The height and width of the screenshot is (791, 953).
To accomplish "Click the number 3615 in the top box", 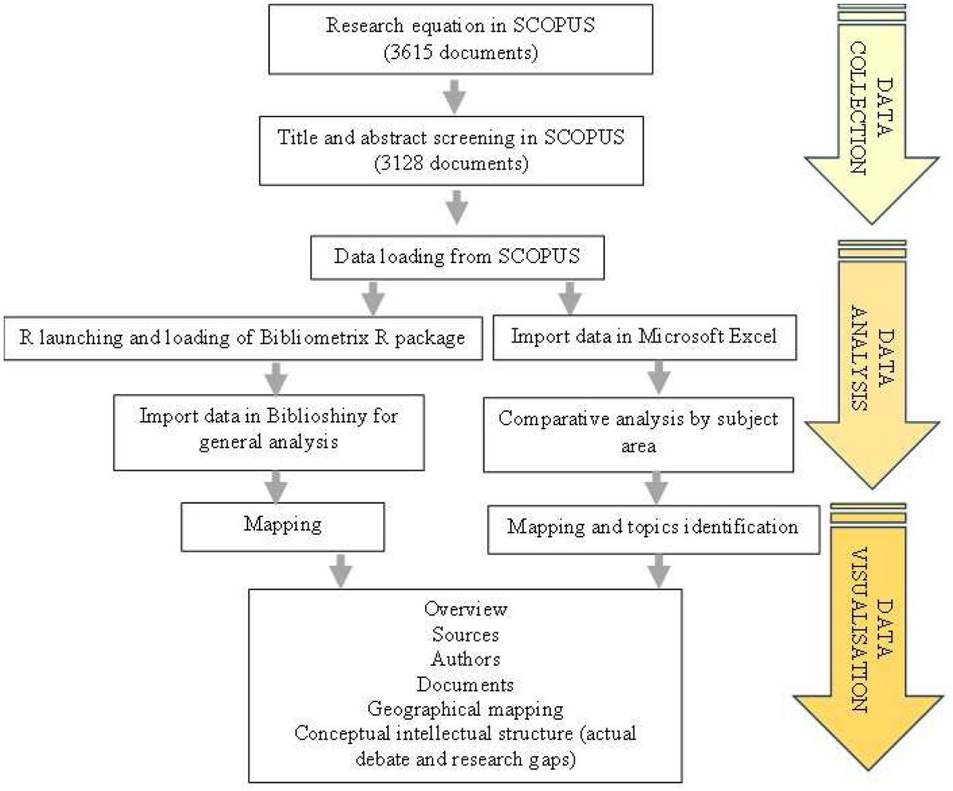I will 411,52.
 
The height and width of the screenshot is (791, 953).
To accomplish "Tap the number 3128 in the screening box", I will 402,163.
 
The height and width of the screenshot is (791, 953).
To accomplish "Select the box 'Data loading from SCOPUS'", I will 457,257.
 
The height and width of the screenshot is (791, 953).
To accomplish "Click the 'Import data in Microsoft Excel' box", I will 644,336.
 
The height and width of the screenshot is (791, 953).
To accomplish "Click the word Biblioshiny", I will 316,416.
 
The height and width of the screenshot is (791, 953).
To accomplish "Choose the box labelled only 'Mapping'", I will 282,525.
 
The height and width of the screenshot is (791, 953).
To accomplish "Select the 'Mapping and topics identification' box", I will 652,527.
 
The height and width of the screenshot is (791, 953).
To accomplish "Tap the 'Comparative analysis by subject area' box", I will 638,432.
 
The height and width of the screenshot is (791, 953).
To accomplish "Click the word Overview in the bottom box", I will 465,609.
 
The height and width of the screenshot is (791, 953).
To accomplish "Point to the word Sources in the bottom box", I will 465,634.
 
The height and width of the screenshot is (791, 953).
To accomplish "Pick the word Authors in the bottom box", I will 465,659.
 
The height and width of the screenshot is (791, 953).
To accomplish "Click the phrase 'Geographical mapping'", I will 465,709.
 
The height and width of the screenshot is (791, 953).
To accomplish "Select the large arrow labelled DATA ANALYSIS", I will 872,370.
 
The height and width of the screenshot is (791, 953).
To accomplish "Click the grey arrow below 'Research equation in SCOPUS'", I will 455,96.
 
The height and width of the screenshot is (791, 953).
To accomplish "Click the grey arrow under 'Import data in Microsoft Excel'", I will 658,378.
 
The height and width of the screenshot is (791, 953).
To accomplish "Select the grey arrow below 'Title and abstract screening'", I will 457,209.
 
